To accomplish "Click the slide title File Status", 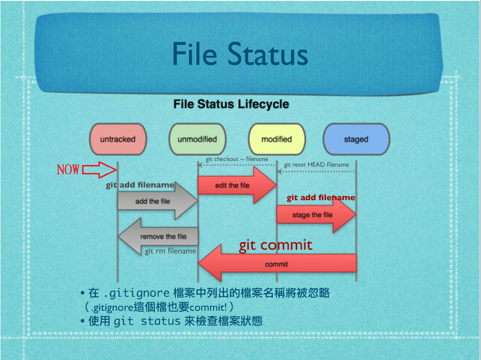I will coord(240,54).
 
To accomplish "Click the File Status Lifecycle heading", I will coord(231,104).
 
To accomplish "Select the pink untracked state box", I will coord(118,139).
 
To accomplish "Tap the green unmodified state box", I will coord(197,139).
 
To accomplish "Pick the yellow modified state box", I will coord(277,139).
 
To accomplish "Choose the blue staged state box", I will coord(356,139).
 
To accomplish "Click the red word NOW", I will coord(68,170).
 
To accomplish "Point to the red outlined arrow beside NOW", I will coord(99,170).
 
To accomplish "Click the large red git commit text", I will coord(276,245).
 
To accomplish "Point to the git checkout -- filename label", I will coord(237,159).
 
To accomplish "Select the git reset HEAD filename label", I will coord(316,165).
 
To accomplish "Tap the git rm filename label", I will coord(170,251).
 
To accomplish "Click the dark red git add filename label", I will coord(321,198).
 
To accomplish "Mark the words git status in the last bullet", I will coord(147,322).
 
